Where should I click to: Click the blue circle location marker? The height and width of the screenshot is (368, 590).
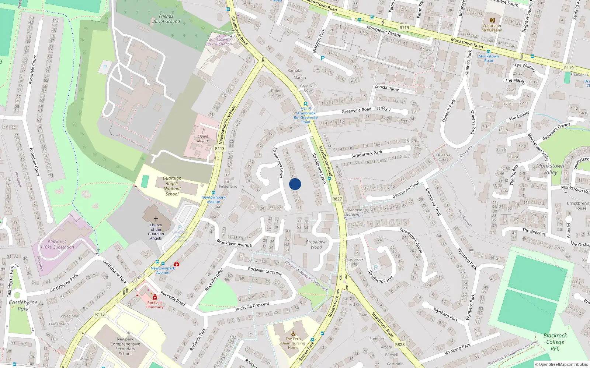295,184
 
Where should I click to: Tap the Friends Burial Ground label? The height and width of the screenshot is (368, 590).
166,19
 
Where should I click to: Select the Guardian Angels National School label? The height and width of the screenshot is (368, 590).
172,186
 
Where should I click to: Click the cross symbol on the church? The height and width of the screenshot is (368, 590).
156,219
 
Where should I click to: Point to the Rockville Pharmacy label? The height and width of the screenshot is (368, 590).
155,305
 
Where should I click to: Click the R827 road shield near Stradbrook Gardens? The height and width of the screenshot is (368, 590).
337,199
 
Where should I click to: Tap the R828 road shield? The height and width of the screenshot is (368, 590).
400,344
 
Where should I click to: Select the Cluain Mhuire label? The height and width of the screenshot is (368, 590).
203,138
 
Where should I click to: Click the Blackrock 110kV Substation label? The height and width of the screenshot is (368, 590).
57,245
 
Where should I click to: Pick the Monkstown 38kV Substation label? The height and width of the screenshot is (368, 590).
219,42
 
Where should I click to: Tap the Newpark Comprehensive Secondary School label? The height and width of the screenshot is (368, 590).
125,346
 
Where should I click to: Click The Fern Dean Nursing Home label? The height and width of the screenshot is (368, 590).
293,343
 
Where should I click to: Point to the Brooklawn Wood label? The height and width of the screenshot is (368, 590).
316,244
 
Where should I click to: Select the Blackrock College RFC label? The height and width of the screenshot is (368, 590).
555,342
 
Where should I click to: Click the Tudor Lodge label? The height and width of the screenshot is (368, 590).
275,93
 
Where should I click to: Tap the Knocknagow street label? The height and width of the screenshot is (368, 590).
386,88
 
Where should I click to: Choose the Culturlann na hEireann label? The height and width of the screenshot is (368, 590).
492,28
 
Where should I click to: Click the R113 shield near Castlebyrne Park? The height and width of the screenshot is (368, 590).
100,314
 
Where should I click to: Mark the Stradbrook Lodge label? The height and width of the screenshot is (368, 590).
354,261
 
